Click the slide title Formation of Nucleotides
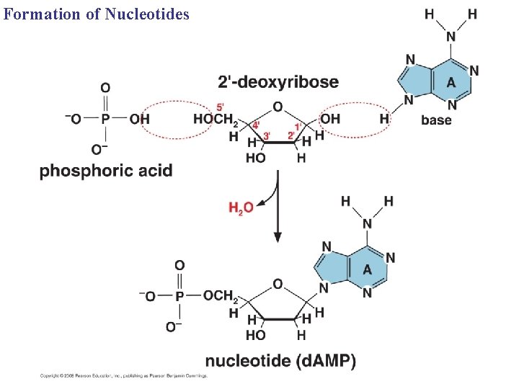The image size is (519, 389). [x=96, y=13]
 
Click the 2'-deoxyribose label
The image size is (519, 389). [x=278, y=81]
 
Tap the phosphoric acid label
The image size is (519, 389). [x=106, y=171]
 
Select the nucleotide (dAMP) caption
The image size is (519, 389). [x=280, y=361]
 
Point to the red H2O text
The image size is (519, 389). [x=241, y=208]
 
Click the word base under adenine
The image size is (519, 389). [x=437, y=120]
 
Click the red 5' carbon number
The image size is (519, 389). [x=220, y=107]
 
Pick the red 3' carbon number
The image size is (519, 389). [x=266, y=135]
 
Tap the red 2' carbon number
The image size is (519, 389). [x=291, y=135]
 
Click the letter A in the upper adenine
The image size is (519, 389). [x=451, y=81]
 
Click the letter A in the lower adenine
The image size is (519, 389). [x=367, y=269]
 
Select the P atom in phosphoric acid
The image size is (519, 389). [x=105, y=119]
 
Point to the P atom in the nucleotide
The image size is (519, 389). [x=179, y=296]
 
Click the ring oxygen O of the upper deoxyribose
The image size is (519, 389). [x=278, y=107]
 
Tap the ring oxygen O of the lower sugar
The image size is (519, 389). [x=278, y=283]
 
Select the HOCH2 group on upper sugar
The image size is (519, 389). [x=215, y=120]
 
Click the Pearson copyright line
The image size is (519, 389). [x=123, y=376]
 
